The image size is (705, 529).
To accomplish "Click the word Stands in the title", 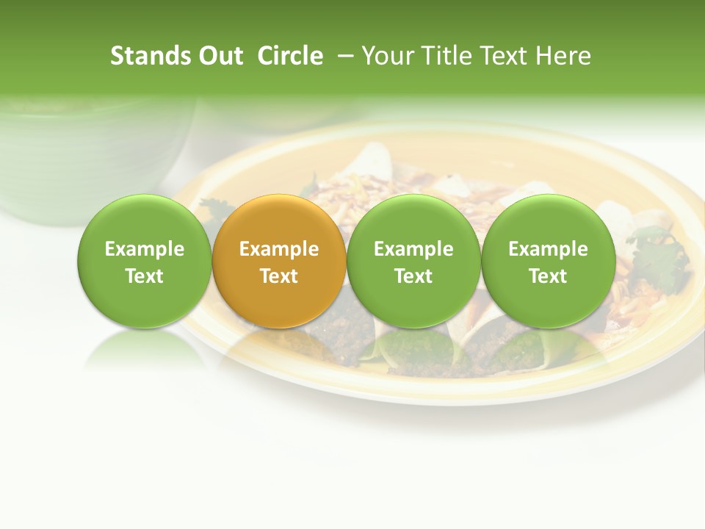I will pos(144,56).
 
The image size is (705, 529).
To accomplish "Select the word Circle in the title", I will pos(290,56).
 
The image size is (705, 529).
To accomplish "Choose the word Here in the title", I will pos(564,56).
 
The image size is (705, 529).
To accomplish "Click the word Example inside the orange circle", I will pos(278,249).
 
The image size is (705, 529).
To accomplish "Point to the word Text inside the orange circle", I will pos(278,276).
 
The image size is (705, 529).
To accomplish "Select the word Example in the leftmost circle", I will pos(144,249).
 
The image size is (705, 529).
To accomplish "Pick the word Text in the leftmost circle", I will pos(144,276).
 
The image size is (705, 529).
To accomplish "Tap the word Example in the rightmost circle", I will pos(548,249).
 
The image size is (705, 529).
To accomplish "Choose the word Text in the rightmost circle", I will pos(548,276).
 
